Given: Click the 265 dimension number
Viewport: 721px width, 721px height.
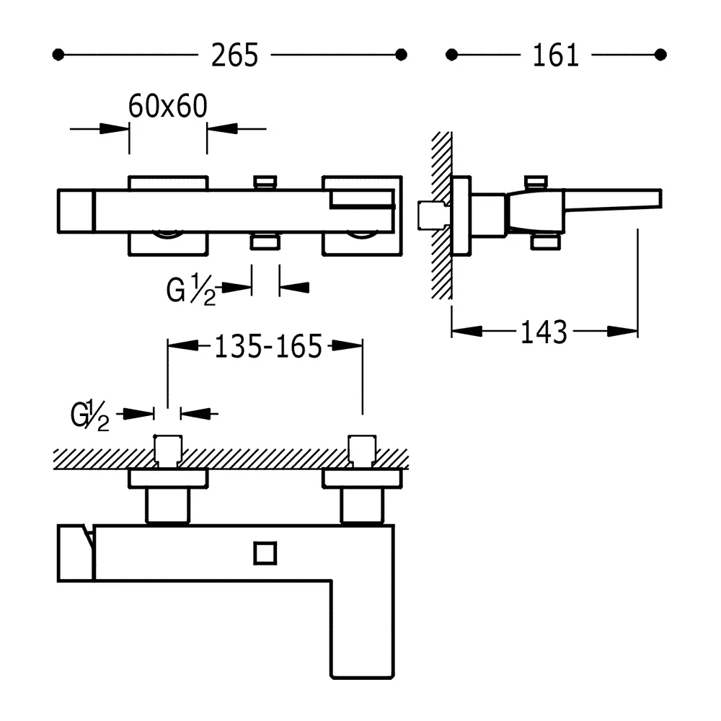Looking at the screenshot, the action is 234,56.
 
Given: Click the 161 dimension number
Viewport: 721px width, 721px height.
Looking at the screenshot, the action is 555,56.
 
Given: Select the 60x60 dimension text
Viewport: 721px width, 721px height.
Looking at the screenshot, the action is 168,106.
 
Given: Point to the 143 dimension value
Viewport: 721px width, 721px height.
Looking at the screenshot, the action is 544,332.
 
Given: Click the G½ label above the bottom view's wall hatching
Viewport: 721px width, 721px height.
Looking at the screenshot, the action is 90,415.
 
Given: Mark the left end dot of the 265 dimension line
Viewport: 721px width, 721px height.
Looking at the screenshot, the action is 58,55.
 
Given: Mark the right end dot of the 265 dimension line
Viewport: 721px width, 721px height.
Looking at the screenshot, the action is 401,55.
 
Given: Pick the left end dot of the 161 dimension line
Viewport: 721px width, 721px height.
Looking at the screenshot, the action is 451,55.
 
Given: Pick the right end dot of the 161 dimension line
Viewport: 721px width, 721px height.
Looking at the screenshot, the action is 660,55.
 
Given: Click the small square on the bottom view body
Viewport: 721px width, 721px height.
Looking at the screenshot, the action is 265,553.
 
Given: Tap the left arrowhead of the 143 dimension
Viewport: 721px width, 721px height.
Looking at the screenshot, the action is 466,331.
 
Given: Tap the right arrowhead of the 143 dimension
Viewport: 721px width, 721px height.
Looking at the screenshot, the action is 623,331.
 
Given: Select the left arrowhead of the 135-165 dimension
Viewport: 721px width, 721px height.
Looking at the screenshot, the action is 183,345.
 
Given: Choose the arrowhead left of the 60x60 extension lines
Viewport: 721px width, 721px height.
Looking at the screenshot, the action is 115,129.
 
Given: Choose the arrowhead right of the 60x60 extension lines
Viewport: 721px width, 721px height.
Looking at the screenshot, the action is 222,129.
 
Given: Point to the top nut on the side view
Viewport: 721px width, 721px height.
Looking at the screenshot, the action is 536,182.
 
